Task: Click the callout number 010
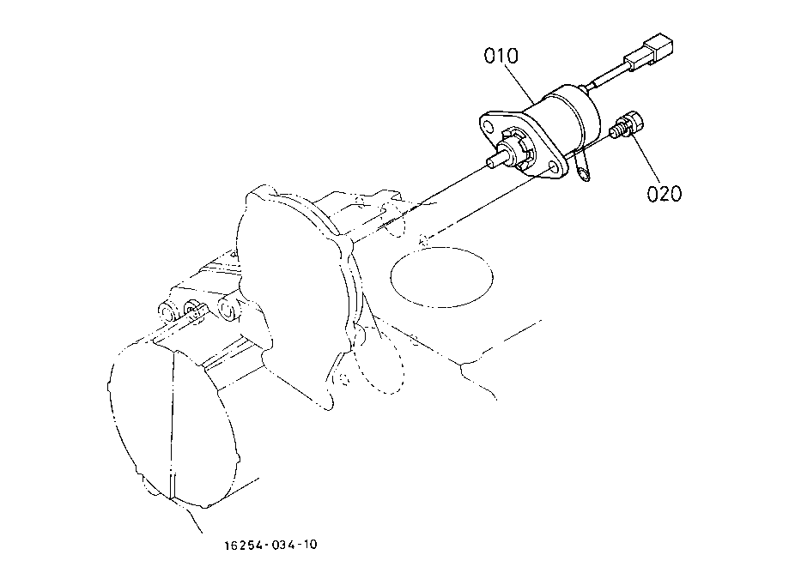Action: [x=501, y=57]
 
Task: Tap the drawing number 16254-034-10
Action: [x=272, y=544]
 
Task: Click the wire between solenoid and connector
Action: [x=613, y=75]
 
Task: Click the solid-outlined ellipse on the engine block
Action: [x=440, y=275]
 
